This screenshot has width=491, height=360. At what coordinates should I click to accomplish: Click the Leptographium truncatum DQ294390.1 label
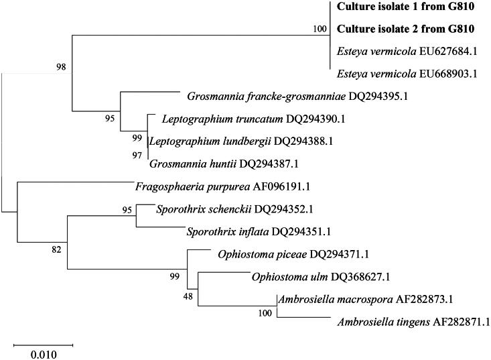[240, 119]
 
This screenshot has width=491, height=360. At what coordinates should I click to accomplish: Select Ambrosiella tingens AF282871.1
[412, 322]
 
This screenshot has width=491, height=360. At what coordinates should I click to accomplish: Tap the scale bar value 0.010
[44, 353]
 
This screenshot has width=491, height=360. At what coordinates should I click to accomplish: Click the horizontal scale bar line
[44, 345]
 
